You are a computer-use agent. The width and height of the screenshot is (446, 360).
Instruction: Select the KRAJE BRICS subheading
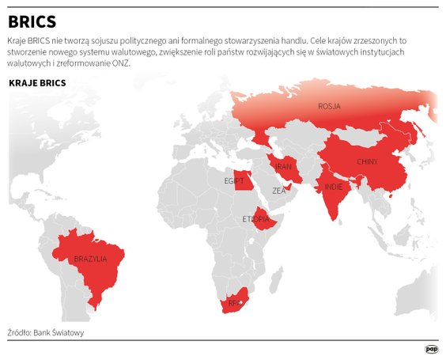pyautogui.click(x=36, y=82)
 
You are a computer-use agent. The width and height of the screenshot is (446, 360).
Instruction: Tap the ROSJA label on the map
pyautogui.click(x=330, y=106)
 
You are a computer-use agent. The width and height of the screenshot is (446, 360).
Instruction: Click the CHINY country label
pyautogui.click(x=367, y=161)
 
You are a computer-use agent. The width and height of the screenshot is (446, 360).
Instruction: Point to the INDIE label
pyautogui.click(x=334, y=188)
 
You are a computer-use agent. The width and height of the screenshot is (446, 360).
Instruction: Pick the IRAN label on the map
pyautogui.click(x=283, y=167)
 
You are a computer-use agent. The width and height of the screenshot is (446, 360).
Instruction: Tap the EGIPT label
pyautogui.click(x=234, y=181)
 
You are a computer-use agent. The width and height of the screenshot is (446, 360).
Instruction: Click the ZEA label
pyautogui.click(x=279, y=191)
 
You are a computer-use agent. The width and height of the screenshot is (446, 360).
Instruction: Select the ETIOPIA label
pyautogui.click(x=256, y=219)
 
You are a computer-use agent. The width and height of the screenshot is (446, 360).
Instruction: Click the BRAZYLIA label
pyautogui.click(x=90, y=259)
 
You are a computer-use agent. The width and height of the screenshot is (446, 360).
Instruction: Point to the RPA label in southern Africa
pyautogui.click(x=234, y=303)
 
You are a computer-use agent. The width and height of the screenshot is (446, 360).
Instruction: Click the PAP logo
pyautogui.click(x=432, y=349)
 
